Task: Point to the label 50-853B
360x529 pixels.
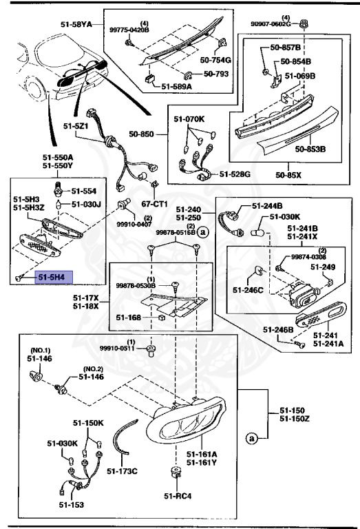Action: (x=311, y=148)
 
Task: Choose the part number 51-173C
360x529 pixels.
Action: (x=123, y=471)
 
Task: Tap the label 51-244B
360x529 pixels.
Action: (x=267, y=205)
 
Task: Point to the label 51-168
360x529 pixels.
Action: (x=128, y=318)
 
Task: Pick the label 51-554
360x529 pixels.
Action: (x=85, y=190)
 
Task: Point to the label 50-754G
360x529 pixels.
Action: (x=217, y=61)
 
